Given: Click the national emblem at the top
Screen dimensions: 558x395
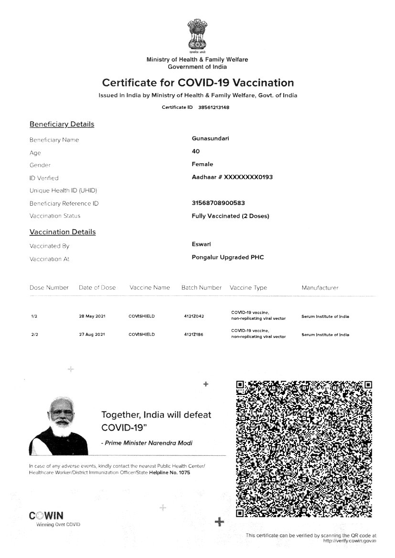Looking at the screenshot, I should [197, 35].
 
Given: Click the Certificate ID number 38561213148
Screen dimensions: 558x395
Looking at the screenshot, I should [214, 107].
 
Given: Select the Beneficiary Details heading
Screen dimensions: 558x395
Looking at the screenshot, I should [62, 124].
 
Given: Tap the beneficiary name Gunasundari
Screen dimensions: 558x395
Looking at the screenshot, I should [211, 139].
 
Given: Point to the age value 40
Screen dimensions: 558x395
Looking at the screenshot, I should [196, 151].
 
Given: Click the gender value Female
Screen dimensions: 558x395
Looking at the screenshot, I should [203, 164].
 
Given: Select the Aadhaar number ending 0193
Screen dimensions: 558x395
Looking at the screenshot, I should [232, 177].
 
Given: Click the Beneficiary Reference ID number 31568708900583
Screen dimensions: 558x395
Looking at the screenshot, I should [218, 203].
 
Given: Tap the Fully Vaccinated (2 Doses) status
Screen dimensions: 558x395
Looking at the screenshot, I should [230, 216].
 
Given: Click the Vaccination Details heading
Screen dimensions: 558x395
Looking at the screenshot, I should [63, 232].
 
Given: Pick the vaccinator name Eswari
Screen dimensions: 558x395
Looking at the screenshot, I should [202, 244].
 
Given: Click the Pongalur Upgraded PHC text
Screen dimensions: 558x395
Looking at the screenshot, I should [227, 257].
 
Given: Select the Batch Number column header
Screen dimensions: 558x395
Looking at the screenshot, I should [202, 287].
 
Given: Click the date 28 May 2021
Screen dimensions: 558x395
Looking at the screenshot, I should [92, 316].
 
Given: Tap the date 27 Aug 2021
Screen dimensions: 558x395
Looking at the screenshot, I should [92, 335].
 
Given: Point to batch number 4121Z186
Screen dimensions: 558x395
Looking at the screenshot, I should [193, 335].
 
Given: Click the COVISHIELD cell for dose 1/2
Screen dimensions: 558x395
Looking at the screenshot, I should [142, 316].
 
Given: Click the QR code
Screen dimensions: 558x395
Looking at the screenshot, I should [304, 449].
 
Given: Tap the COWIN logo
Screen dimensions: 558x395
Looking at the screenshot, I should [46, 516].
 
